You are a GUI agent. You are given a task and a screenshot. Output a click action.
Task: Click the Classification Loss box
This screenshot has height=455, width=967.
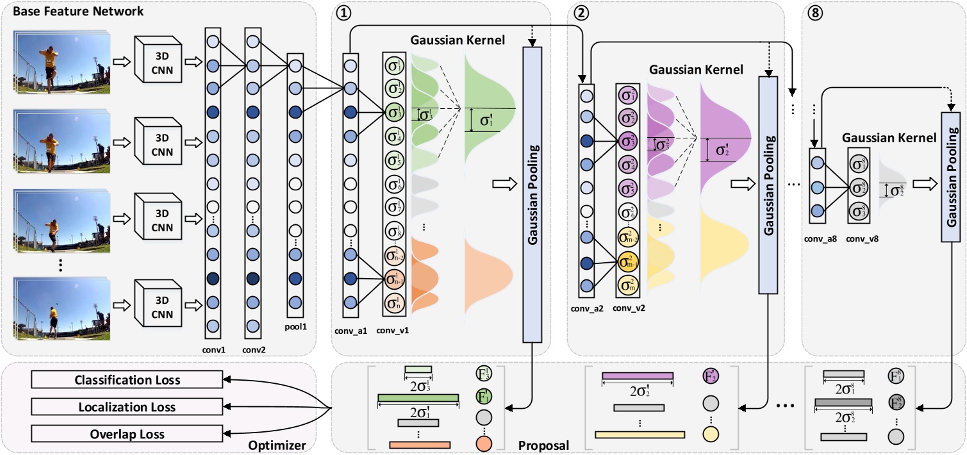[127, 380]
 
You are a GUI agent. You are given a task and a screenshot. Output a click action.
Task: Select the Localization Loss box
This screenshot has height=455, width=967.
[127, 407]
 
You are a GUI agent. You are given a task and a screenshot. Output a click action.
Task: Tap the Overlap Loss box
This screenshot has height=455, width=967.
[127, 434]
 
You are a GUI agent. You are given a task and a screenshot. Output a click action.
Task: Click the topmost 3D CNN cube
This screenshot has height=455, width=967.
[158, 59]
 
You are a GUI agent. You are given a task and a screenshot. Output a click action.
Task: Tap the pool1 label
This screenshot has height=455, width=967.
[295, 327]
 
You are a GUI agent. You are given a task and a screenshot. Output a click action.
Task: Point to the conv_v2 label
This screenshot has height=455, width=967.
[629, 308]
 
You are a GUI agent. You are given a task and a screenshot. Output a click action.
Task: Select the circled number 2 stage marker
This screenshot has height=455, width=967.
[582, 10]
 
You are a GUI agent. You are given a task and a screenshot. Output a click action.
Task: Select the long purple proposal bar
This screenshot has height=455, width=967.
[638, 376]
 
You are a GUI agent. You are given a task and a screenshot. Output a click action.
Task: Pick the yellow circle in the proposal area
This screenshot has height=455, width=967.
[709, 434]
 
